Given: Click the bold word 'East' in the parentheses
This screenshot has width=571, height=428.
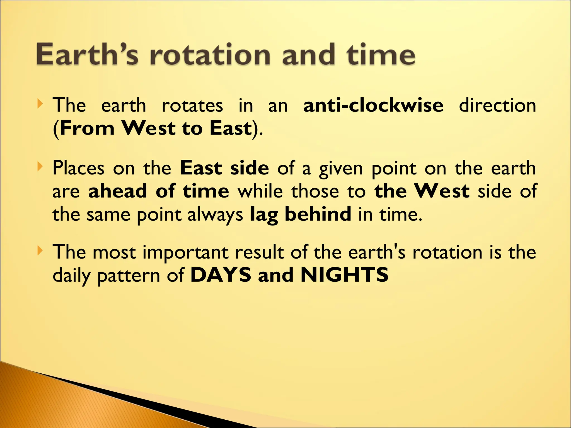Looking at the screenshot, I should [x=231, y=128].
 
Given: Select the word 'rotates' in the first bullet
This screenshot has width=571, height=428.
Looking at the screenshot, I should [x=192, y=106].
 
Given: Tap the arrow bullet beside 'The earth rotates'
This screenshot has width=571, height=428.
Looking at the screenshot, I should [x=40, y=104].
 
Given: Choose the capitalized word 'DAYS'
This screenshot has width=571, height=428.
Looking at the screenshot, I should [x=221, y=275].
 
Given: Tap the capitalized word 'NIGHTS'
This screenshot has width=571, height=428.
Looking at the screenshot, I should [x=345, y=275].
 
